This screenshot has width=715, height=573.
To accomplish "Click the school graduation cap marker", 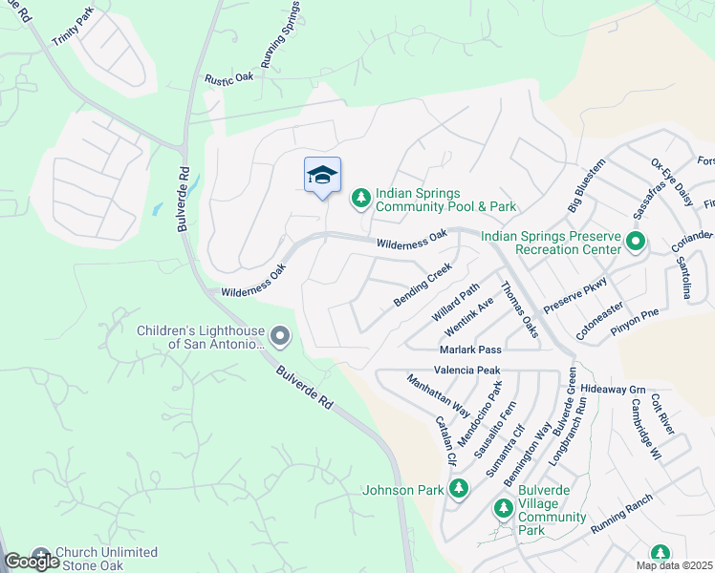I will tap(322, 176).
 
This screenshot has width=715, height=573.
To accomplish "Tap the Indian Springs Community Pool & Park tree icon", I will tap(360, 198).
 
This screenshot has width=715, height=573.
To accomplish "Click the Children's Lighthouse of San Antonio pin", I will tap(279, 336).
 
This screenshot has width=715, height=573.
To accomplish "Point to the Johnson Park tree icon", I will tap(459, 489).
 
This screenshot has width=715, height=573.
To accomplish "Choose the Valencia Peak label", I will tap(467, 370).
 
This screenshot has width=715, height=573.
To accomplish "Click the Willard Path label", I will tap(455, 302).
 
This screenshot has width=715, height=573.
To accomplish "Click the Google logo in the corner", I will tap(31, 562).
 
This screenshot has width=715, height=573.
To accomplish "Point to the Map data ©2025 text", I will tap(674, 565).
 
